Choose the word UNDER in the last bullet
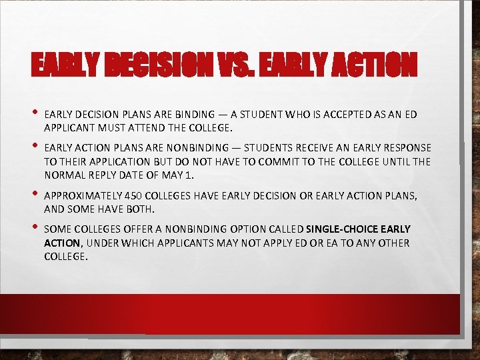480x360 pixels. click(100, 243)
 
